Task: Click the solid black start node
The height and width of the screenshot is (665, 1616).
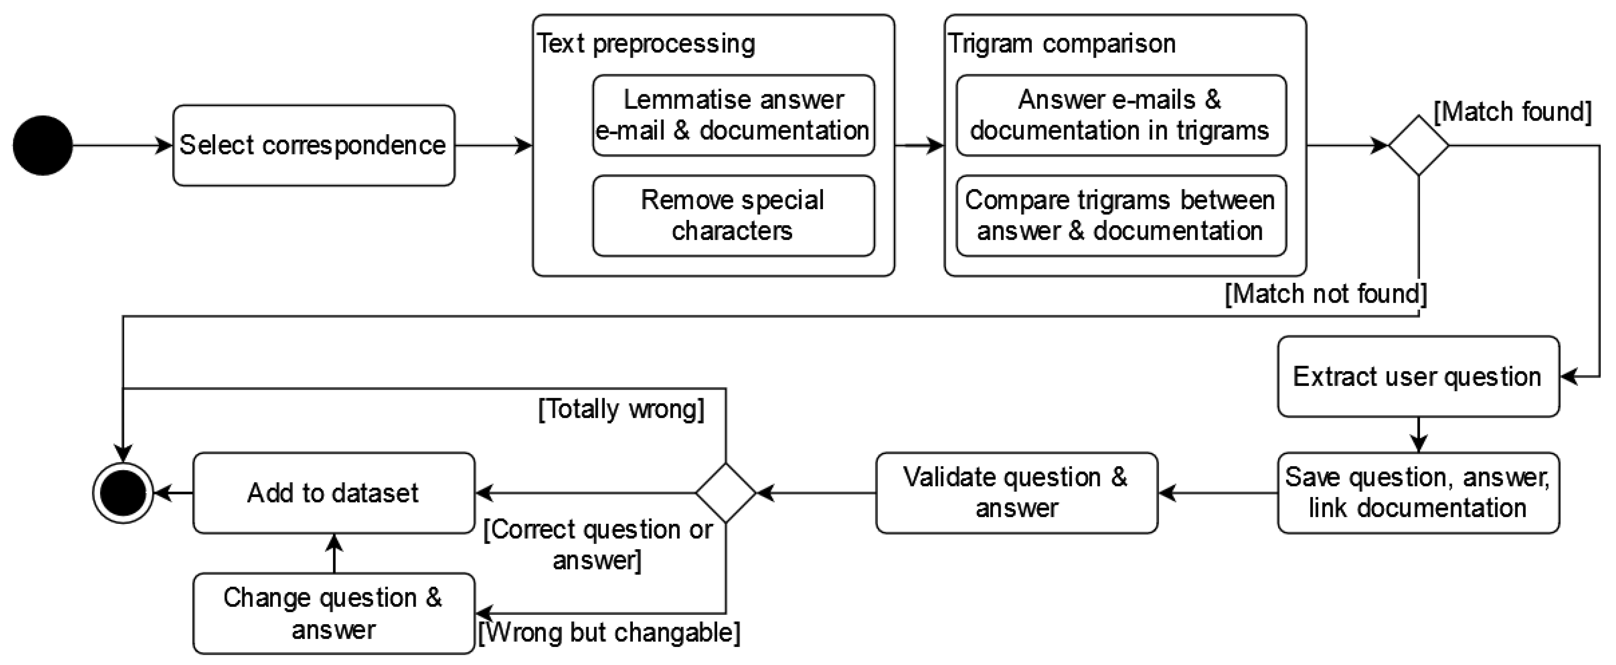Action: (x=43, y=145)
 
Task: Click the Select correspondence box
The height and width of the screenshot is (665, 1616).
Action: (x=314, y=145)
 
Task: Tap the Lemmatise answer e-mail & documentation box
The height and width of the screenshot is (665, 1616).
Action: (x=733, y=115)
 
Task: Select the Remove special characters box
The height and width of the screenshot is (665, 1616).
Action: (x=733, y=216)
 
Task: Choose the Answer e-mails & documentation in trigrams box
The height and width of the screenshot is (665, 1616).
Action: (x=1121, y=115)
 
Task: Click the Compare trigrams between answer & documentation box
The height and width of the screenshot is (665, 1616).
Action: (x=1121, y=216)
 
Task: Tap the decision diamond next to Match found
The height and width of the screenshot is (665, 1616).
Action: (x=1418, y=145)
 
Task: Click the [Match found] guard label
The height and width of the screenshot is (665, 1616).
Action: (x=1513, y=112)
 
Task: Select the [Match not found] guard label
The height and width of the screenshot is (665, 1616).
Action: (x=1326, y=294)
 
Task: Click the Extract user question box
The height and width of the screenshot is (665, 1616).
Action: (x=1418, y=376)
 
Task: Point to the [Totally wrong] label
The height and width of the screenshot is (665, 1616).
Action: (x=621, y=409)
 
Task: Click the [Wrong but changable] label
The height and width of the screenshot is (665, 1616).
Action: (x=609, y=632)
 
